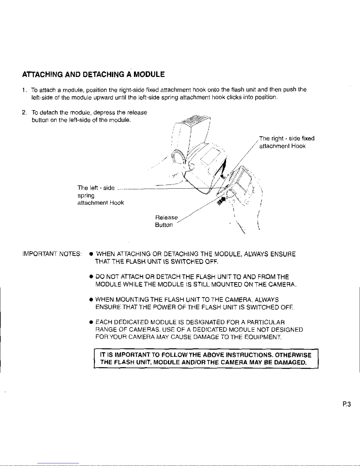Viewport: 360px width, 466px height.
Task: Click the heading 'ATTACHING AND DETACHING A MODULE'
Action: pyautogui.click(x=93, y=74)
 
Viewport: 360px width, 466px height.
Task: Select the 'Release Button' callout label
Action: pyautogui.click(x=166, y=221)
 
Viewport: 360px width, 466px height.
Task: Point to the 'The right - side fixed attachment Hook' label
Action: pyautogui.click(x=287, y=142)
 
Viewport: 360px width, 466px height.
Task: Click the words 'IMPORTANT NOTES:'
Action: pyautogui.click(x=52, y=254)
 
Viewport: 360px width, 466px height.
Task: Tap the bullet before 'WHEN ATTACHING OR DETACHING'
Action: pyautogui.click(x=91, y=254)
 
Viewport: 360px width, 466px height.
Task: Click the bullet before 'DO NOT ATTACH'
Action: pyautogui.click(x=91, y=277)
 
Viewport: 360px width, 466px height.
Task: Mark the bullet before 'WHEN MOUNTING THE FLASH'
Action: pyautogui.click(x=91, y=300)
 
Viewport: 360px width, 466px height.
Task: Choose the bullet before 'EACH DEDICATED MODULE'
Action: pyautogui.click(x=91, y=323)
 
